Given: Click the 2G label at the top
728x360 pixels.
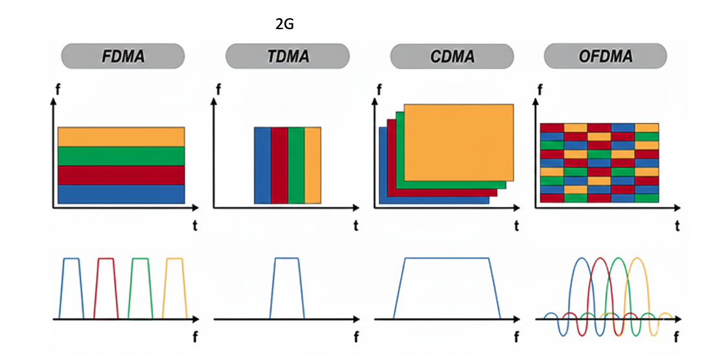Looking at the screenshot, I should click(284, 25).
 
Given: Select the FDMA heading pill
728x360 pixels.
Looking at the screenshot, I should click(122, 56).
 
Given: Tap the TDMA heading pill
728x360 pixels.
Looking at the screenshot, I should click(288, 56).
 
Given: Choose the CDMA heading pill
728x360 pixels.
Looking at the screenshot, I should click(451, 56).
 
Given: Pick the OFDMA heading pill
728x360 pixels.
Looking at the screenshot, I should click(604, 56).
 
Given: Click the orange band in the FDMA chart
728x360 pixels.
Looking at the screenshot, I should click(121, 137).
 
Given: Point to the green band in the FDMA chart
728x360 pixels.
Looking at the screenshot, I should click(121, 156).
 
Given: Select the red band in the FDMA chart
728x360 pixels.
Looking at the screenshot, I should click(121, 175).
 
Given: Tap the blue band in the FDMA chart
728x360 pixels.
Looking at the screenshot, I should click(121, 194).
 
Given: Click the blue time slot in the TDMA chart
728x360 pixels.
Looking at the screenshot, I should click(262, 166).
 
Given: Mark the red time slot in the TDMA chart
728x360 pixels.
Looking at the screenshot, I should click(279, 166).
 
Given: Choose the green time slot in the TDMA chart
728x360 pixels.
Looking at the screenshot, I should click(296, 166).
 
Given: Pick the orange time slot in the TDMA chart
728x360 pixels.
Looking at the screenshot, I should click(313, 166).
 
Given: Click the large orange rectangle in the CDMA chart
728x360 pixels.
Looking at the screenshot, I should click(459, 142).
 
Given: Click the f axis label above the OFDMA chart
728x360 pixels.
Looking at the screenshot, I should click(539, 90).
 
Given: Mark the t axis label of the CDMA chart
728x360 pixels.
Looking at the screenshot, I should click(516, 226).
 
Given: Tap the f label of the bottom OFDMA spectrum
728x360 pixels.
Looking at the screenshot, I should click(676, 337).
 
